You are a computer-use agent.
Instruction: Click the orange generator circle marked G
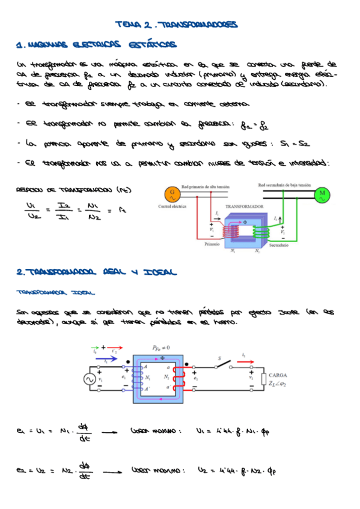pos(172,193)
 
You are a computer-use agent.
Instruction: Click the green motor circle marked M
pos(322,193)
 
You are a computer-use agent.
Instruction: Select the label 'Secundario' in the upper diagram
pos(279,245)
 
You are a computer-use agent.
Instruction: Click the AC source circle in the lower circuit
pos(91,379)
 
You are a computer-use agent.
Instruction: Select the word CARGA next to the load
pos(281,375)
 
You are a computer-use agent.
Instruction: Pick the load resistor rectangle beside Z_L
pos(263,379)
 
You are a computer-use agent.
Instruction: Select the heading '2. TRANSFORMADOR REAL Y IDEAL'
pos(96,273)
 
